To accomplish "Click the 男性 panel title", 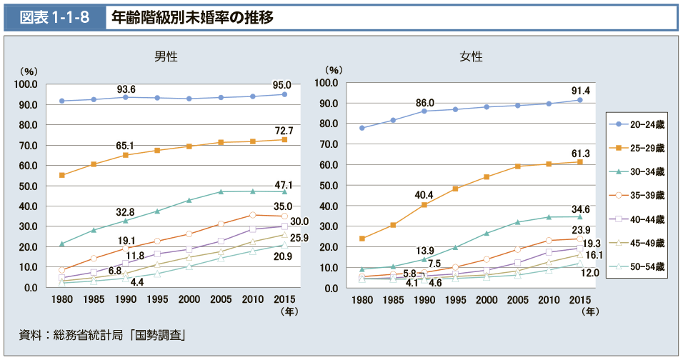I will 166,56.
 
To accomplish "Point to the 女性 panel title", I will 471,56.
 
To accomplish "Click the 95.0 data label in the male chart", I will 282,85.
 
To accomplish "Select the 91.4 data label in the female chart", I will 579,90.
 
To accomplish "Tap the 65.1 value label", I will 126,146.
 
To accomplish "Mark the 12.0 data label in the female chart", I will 589,273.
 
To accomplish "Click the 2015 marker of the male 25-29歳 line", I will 284,139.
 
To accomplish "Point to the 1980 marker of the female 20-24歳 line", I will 362,128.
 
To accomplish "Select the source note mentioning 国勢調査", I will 103,334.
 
